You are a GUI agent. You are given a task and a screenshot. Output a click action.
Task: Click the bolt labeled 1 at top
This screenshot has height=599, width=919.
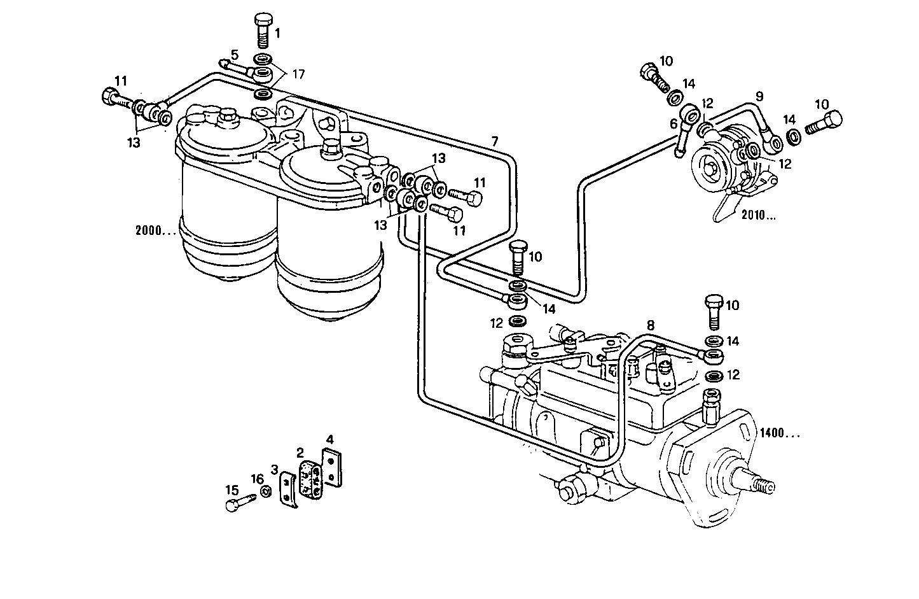click(262, 29)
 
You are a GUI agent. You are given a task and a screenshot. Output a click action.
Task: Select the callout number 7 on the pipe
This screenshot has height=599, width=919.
click(495, 141)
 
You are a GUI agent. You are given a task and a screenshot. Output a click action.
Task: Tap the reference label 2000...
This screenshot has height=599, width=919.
click(155, 230)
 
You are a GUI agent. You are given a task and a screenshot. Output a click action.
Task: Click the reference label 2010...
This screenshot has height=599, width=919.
click(757, 215)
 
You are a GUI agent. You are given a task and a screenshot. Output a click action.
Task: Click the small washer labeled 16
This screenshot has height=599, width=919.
click(266, 491)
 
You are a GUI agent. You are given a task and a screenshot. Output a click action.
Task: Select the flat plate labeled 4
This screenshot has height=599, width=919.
click(333, 469)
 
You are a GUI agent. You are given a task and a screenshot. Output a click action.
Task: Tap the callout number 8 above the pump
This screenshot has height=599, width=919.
click(650, 325)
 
